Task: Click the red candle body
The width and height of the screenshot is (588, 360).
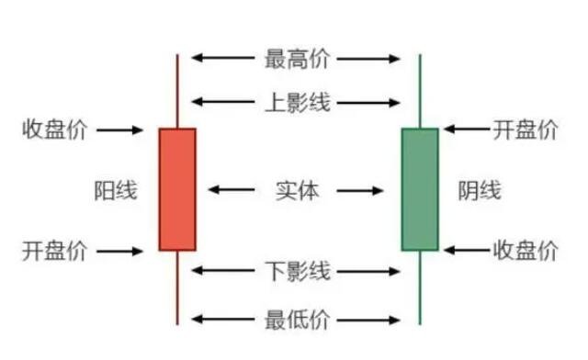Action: point(177,189)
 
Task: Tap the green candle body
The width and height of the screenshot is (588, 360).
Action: point(420,189)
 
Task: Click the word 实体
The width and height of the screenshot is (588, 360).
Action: point(297,191)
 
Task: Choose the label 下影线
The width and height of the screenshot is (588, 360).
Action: point(297,271)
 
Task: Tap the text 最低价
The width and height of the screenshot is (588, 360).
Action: point(297,320)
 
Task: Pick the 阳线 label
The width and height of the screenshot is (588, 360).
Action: point(116,191)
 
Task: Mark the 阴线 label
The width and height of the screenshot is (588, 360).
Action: point(480,191)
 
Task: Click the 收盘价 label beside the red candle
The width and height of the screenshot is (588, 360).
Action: point(54,129)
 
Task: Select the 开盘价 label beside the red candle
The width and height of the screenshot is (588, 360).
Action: point(54,250)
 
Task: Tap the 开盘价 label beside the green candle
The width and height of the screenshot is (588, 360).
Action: point(525,129)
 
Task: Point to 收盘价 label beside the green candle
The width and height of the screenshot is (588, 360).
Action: point(525,250)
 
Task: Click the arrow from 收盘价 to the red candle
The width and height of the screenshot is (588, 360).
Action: point(119,130)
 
